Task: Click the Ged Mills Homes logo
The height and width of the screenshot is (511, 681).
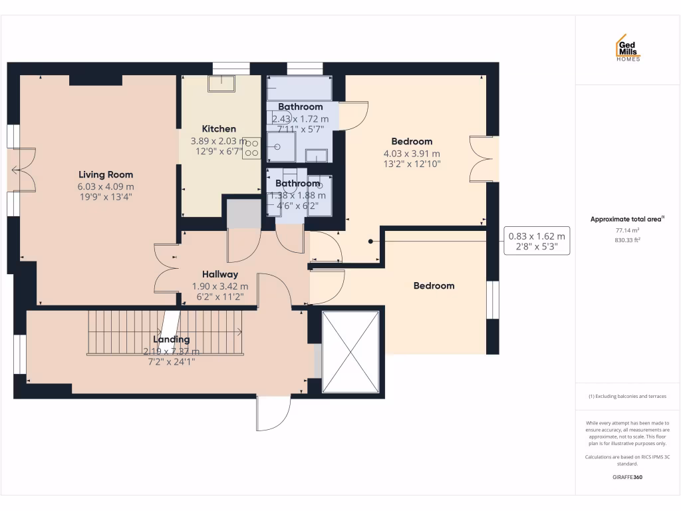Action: (627, 48)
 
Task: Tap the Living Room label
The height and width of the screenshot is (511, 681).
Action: (106, 175)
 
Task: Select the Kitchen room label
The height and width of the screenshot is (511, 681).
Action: (219, 128)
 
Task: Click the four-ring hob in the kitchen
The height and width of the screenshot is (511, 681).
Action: (251, 148)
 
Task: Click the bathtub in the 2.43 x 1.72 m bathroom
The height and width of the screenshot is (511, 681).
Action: (299, 88)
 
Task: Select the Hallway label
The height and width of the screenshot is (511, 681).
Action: (219, 274)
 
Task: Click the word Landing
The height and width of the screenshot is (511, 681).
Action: (172, 339)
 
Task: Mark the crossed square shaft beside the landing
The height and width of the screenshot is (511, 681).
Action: (350, 352)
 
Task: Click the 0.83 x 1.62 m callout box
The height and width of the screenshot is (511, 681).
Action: (537, 241)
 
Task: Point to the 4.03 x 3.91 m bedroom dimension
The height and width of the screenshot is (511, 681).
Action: (412, 153)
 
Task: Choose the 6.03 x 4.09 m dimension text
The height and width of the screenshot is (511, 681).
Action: (106, 187)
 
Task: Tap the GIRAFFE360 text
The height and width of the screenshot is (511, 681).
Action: (627, 477)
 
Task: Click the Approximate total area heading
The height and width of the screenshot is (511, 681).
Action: (627, 219)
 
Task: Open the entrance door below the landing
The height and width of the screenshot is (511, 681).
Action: (273, 413)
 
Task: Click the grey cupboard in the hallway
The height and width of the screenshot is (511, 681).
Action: (243, 213)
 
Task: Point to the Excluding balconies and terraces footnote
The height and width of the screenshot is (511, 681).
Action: (627, 397)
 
